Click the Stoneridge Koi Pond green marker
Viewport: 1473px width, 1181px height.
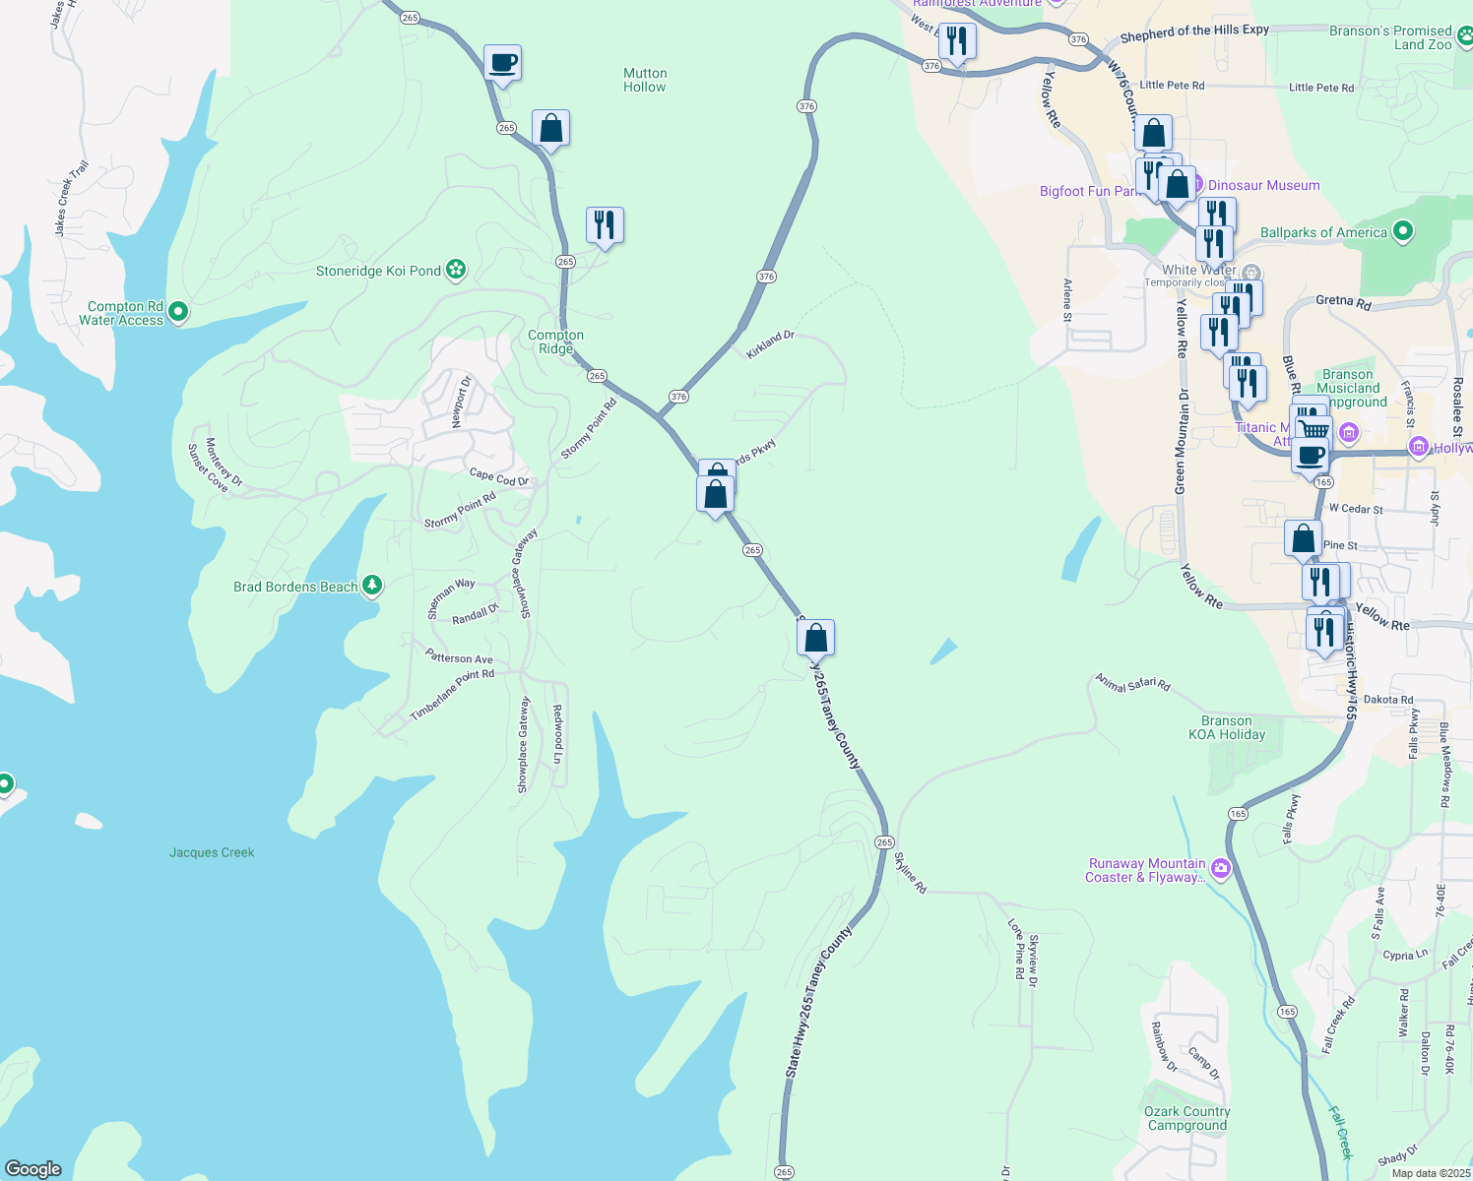[x=455, y=270]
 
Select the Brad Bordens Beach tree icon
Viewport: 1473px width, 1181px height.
[x=371, y=587]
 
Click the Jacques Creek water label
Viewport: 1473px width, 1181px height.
[x=212, y=852]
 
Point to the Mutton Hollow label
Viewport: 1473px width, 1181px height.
[x=645, y=80]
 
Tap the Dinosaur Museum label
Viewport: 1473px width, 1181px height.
[x=1263, y=185]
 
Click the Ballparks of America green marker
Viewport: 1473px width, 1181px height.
[x=1403, y=232]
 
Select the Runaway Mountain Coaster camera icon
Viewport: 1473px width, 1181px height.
[x=1221, y=867]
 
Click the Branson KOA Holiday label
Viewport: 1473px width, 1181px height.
[x=1226, y=727]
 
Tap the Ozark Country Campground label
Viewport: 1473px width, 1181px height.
[x=1187, y=1118]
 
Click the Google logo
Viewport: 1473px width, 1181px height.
[x=33, y=1169]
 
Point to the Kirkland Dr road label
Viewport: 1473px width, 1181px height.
[x=770, y=344]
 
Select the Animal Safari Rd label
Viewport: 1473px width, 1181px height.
[x=1133, y=683]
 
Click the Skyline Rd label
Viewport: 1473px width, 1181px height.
[x=911, y=872]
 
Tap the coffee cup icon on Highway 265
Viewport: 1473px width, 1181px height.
[x=502, y=63]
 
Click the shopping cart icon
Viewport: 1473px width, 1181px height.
[x=1313, y=430]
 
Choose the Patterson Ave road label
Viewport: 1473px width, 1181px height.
[x=459, y=657]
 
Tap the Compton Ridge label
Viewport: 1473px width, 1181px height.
[x=555, y=342]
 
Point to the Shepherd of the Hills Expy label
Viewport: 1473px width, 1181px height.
[x=1194, y=31]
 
